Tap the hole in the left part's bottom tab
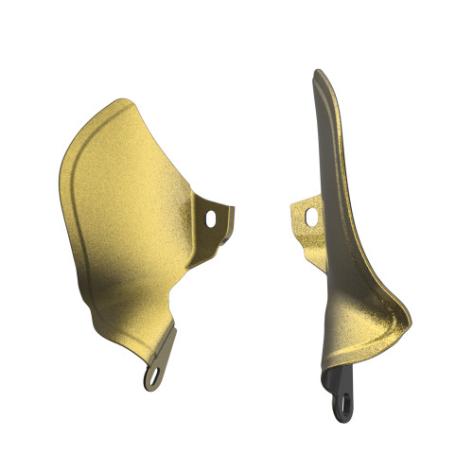[152, 377]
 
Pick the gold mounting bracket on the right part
[305, 219]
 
